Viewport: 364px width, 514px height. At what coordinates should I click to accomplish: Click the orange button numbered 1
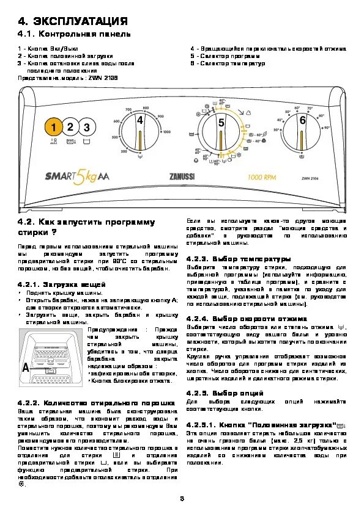pyautogui.click(x=53, y=128)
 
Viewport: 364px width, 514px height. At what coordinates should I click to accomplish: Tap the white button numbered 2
pyautogui.click(x=70, y=128)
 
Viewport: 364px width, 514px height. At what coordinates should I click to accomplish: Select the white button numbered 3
pyautogui.click(x=87, y=128)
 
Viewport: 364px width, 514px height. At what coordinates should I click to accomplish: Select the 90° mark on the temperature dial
pyautogui.click(x=327, y=128)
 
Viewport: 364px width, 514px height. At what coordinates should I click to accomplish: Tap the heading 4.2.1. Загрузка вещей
pyautogui.click(x=62, y=285)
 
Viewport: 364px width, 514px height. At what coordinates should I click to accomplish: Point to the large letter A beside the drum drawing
pyautogui.click(x=25, y=368)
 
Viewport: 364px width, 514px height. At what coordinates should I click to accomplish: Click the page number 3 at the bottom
pyautogui.click(x=182, y=500)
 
